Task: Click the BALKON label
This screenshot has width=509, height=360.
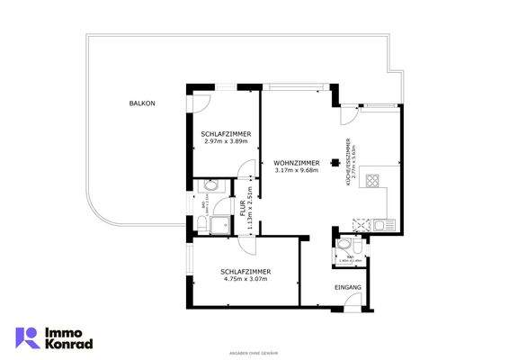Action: (x=141, y=104)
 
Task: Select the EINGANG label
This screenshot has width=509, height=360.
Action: (x=347, y=287)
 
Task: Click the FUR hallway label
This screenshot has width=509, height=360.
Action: (x=242, y=208)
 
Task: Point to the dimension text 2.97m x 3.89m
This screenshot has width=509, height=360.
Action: (x=227, y=141)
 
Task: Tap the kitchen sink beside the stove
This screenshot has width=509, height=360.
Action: (x=381, y=223)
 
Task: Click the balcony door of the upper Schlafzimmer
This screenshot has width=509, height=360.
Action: (x=202, y=102)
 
